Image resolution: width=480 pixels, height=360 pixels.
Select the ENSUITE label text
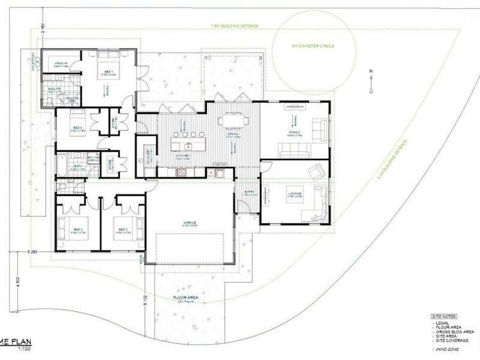(52, 89)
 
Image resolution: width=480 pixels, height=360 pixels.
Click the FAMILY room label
(295, 133)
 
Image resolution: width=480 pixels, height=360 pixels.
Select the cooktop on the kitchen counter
(181, 172)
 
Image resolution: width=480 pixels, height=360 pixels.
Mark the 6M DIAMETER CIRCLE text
(313, 46)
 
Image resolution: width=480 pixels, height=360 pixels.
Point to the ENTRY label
(248, 192)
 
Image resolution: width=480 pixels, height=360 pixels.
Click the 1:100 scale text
(23, 348)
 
